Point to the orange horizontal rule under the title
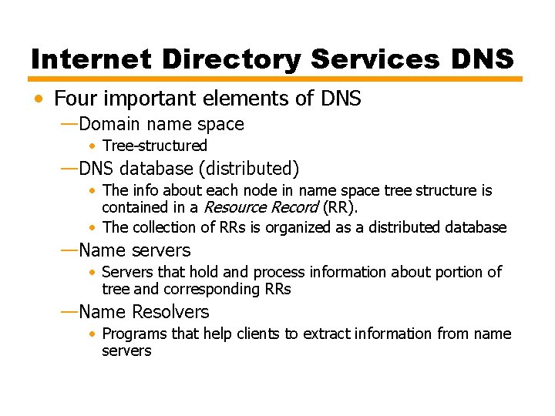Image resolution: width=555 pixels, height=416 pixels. coord(275,79)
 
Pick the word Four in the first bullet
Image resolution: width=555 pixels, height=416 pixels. coord(75,99)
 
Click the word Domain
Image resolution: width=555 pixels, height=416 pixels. coord(110,124)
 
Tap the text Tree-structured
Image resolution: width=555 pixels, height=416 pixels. coord(155,146)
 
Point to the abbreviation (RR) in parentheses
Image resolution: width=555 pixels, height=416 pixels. coord(339,207)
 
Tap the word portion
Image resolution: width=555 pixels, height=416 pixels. coord(461,272)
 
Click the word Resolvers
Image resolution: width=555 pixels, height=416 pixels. coord(170,312)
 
